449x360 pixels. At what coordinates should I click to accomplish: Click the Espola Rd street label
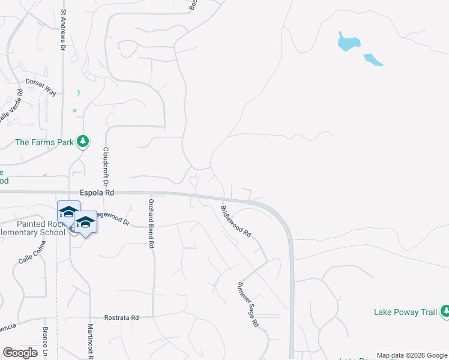point(97,193)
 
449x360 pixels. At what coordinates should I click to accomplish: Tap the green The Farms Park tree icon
point(83,142)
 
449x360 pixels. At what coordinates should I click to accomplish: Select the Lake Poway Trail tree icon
point(445,311)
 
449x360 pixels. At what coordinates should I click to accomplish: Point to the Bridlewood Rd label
point(235,222)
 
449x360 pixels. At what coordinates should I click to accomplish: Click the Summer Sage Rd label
point(247,304)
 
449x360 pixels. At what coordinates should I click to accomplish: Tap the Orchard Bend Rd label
point(152,224)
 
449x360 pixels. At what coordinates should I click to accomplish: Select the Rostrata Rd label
point(122,317)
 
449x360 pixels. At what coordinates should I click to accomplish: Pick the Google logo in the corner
point(20,353)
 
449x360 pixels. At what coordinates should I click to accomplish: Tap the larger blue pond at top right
point(348,42)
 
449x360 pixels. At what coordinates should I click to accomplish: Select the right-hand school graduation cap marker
point(86,223)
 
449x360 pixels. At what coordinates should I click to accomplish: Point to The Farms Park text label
point(44,142)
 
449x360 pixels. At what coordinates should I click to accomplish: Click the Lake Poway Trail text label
point(406,312)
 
